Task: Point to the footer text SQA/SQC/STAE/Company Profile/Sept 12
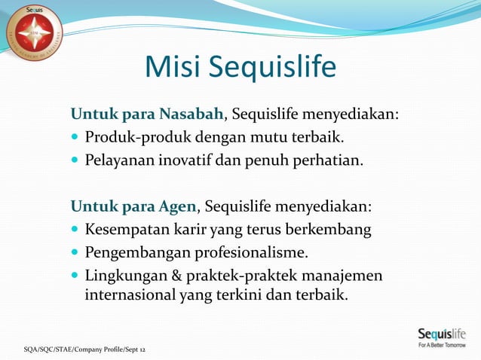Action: pyautogui.click(x=84, y=349)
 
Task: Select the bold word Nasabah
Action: pyautogui.click(x=191, y=114)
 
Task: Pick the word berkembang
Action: pyautogui.click(x=332, y=229)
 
